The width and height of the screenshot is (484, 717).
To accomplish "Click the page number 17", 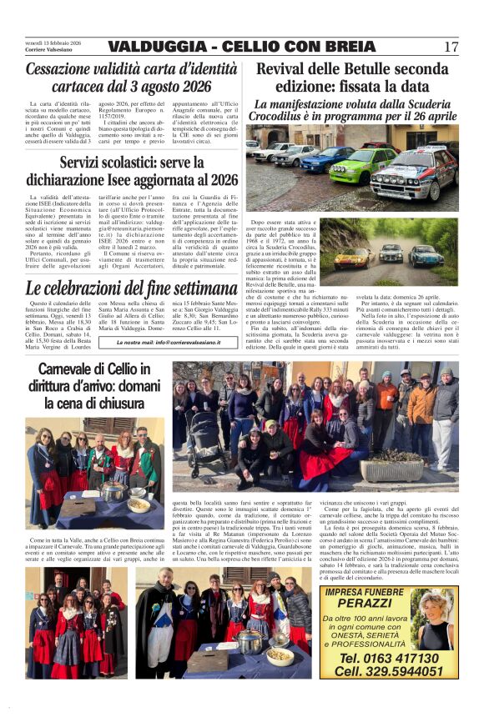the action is pos(451,47).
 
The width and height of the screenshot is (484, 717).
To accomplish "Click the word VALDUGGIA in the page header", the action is pos(153,47).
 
